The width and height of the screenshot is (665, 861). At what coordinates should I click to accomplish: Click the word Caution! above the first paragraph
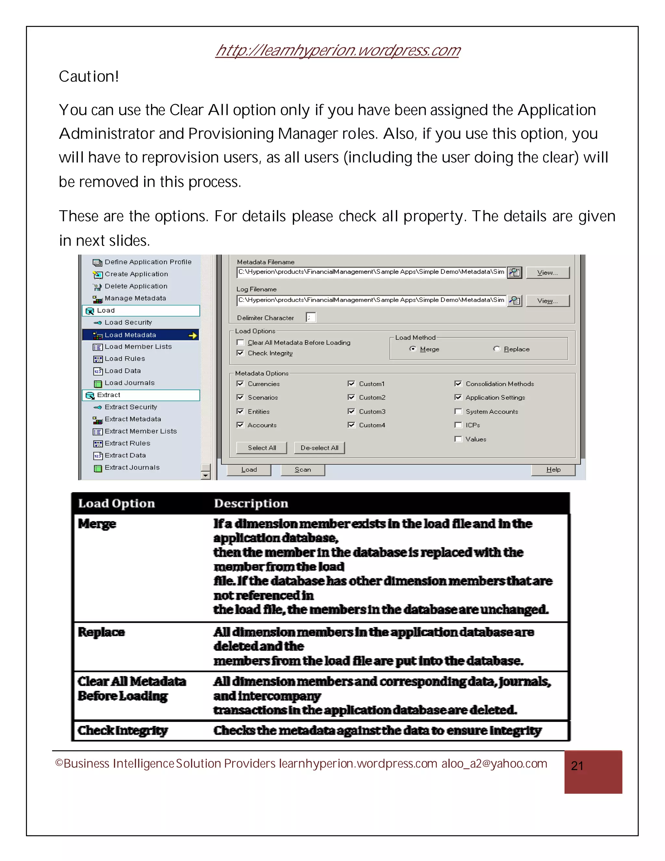tap(89, 76)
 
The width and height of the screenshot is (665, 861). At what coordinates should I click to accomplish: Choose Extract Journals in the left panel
tap(132, 468)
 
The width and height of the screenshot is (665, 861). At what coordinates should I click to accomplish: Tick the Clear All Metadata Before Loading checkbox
tap(240, 342)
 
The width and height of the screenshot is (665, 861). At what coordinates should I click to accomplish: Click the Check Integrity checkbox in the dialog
tap(240, 353)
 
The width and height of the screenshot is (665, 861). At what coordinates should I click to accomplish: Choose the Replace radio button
tap(497, 349)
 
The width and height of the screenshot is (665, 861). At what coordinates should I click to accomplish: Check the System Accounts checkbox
tap(458, 412)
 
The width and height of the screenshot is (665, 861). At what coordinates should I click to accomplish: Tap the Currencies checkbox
tap(240, 384)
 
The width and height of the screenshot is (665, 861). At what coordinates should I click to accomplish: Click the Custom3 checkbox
tap(351, 412)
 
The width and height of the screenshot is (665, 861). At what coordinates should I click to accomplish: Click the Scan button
tap(303, 469)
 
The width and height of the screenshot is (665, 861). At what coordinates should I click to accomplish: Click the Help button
tap(553, 469)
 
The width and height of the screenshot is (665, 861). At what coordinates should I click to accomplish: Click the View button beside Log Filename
tap(547, 301)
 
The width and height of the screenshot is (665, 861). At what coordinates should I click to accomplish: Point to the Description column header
tap(251, 503)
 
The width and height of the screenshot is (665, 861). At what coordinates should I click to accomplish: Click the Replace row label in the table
tap(101, 632)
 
